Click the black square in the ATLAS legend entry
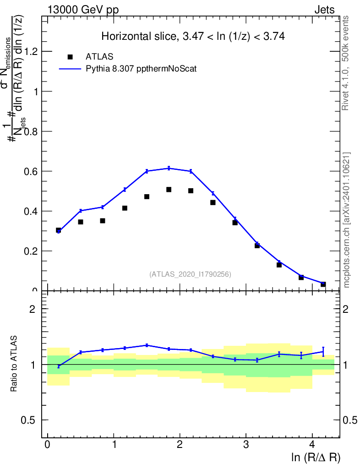coord(70,57)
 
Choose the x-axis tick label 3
coord(246,445)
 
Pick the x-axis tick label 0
coord(48,445)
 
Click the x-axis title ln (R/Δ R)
coord(316,457)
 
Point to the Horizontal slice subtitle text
coord(193,37)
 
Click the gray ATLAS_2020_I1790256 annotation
coord(190,274)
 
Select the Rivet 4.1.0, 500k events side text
coord(346,63)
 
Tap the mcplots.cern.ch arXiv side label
coord(347,220)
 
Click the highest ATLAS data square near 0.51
coord(169,190)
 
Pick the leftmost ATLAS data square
coord(59,230)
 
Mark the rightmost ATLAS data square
coord(323,284)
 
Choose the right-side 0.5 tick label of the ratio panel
coord(351,420)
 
